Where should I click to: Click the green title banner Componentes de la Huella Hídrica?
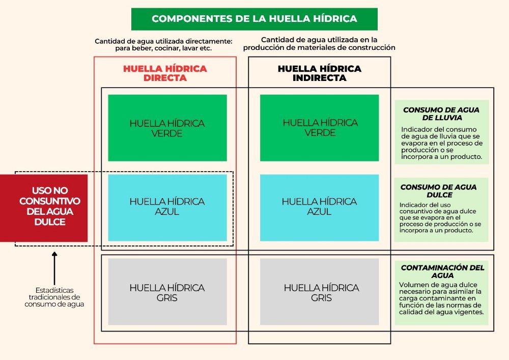(x=254, y=19)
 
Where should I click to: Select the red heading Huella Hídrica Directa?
(x=165, y=73)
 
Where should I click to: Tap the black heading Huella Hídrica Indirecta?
(x=320, y=73)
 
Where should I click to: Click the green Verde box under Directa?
(x=167, y=128)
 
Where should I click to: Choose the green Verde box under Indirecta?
(x=320, y=128)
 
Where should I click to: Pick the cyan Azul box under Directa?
(x=167, y=208)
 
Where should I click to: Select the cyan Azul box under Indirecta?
(x=320, y=208)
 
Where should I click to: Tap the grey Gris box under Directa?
(x=167, y=292)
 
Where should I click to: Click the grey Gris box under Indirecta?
(x=320, y=292)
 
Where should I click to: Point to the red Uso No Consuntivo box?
(x=44, y=208)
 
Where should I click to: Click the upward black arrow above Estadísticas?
(x=54, y=268)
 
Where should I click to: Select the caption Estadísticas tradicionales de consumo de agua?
(x=54, y=297)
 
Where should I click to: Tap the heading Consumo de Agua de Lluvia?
(x=441, y=114)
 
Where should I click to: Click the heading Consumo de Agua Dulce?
(x=439, y=191)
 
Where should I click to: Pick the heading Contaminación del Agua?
(x=442, y=271)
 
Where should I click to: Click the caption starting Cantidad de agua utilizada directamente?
(x=163, y=45)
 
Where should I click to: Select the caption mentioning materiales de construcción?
(x=319, y=44)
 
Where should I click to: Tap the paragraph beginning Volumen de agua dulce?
(x=441, y=298)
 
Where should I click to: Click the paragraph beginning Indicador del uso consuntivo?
(x=440, y=217)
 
